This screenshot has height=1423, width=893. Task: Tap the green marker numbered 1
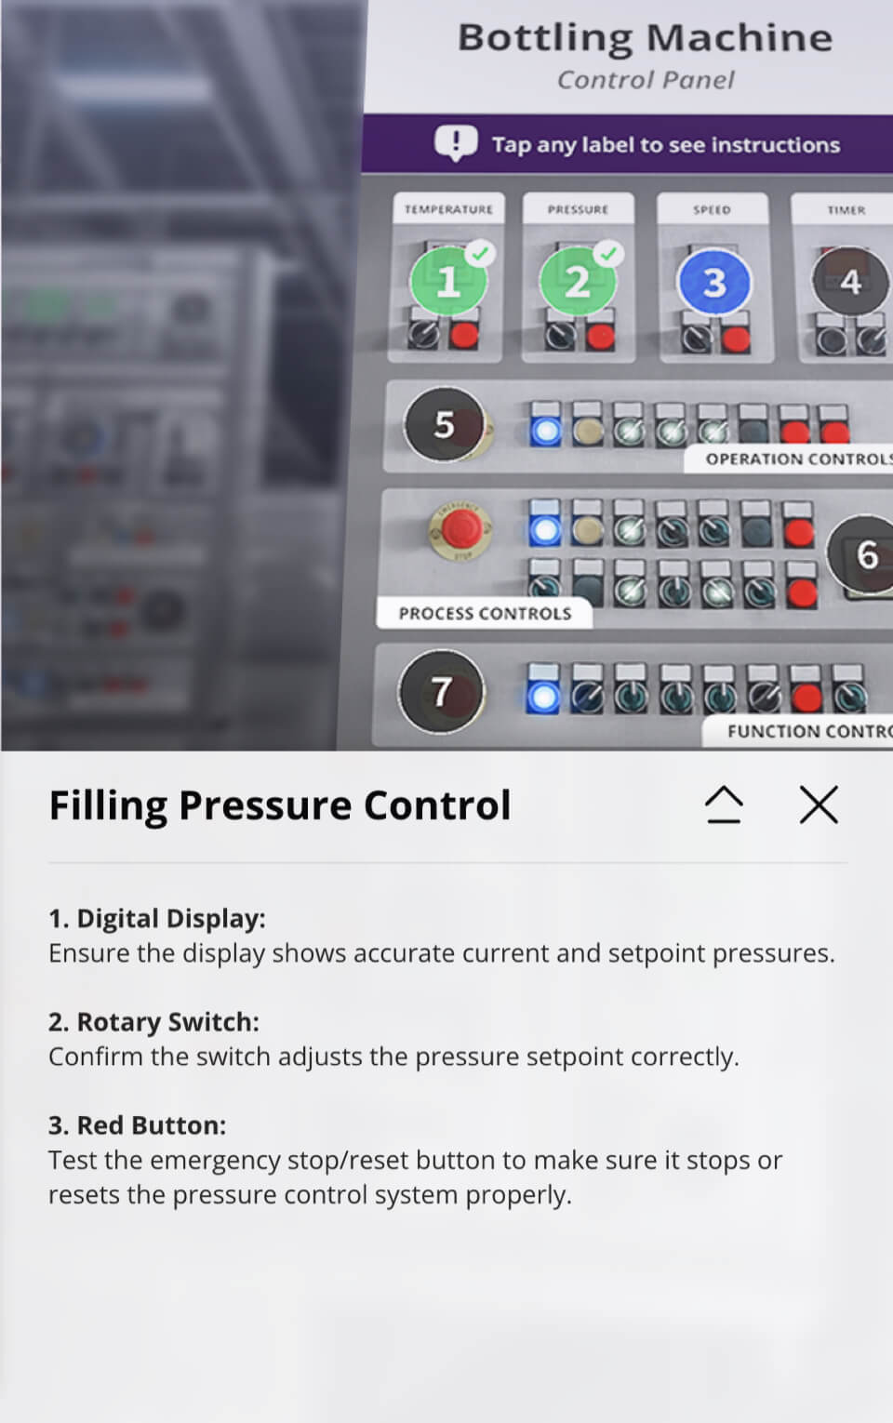[448, 281]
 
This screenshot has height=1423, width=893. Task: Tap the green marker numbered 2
[578, 281]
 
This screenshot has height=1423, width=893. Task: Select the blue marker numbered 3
[713, 283]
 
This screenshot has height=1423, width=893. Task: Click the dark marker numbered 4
[849, 281]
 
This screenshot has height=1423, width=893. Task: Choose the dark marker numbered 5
[445, 424]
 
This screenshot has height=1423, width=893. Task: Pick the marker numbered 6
[865, 555]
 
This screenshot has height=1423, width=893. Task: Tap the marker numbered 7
[441, 691]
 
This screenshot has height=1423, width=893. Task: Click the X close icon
[819, 805]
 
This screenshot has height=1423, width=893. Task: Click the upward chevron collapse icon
[724, 805]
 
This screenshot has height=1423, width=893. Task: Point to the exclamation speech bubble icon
[456, 143]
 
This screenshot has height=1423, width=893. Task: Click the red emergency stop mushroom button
[459, 529]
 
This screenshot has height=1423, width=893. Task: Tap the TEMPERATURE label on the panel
[448, 209]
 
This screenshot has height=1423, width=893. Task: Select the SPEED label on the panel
[712, 209]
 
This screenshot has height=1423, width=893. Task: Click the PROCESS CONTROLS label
[485, 614]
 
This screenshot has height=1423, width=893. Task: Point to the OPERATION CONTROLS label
[795, 459]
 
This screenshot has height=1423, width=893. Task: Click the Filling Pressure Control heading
[280, 805]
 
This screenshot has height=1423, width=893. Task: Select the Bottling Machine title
[645, 38]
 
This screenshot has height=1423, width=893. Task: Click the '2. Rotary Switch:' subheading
[153, 1022]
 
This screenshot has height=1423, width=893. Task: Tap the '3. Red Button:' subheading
[137, 1125]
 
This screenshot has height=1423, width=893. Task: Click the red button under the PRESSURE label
[600, 335]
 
